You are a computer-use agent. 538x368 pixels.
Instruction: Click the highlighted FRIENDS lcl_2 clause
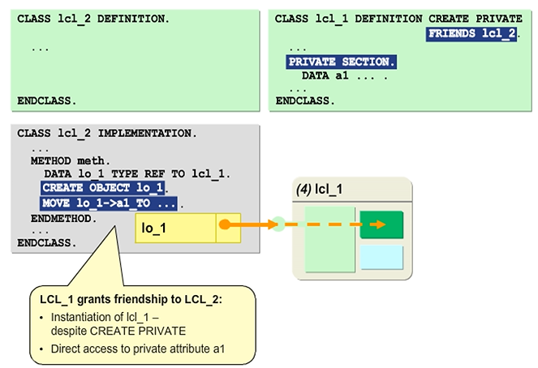click(471, 33)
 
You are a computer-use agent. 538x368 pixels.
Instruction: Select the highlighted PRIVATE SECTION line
click(341, 62)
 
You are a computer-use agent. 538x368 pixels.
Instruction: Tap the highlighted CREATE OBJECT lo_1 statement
click(104, 188)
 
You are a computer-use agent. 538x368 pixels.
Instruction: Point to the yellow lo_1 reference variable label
click(154, 229)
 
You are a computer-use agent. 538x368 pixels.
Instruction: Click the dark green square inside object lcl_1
click(381, 225)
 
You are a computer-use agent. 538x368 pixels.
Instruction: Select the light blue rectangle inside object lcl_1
click(381, 257)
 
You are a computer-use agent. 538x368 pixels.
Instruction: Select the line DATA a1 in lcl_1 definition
click(344, 75)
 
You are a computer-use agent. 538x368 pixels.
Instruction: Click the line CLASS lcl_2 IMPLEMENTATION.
click(105, 133)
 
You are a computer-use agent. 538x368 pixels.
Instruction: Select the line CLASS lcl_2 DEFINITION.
click(93, 18)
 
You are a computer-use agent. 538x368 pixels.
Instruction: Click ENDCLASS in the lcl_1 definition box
click(304, 101)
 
